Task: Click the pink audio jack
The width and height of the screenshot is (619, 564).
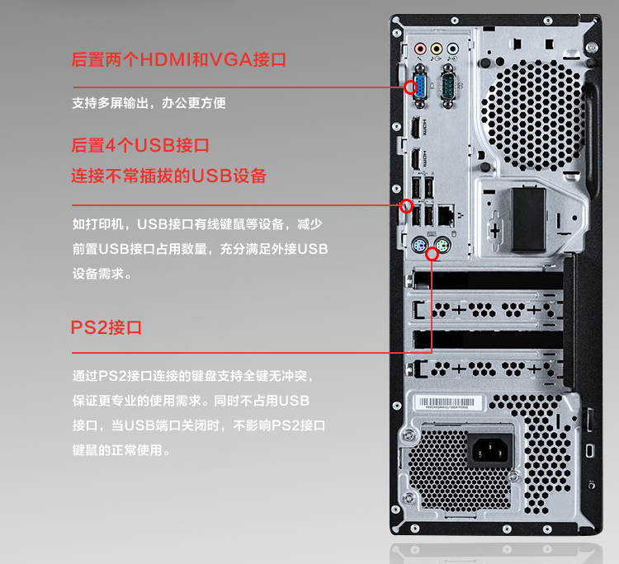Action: point(420,49)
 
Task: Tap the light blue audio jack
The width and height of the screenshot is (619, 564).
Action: point(452,49)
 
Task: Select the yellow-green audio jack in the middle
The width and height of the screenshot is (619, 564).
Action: point(437,49)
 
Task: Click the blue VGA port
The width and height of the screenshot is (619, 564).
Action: point(419,86)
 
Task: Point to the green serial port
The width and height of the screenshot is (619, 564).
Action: point(447,86)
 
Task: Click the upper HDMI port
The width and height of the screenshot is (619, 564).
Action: point(415,127)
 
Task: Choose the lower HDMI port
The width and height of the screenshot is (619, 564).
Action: point(415,160)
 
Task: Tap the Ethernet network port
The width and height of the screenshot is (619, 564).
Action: point(446,215)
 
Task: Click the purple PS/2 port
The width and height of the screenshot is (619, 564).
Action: point(418,247)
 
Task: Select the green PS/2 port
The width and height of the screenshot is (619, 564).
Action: point(442,246)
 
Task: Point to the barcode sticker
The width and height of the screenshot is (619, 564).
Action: point(448,403)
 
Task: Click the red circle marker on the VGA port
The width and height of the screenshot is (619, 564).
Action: point(410,87)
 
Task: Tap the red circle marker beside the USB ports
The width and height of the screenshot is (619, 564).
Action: point(406,206)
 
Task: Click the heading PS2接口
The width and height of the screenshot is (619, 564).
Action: point(106,327)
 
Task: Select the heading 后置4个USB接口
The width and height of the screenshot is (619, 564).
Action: point(140,145)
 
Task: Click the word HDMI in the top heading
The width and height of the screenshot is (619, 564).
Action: point(166,59)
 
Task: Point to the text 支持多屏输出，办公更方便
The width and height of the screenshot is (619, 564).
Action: point(149,103)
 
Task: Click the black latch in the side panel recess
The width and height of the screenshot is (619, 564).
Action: point(529,220)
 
